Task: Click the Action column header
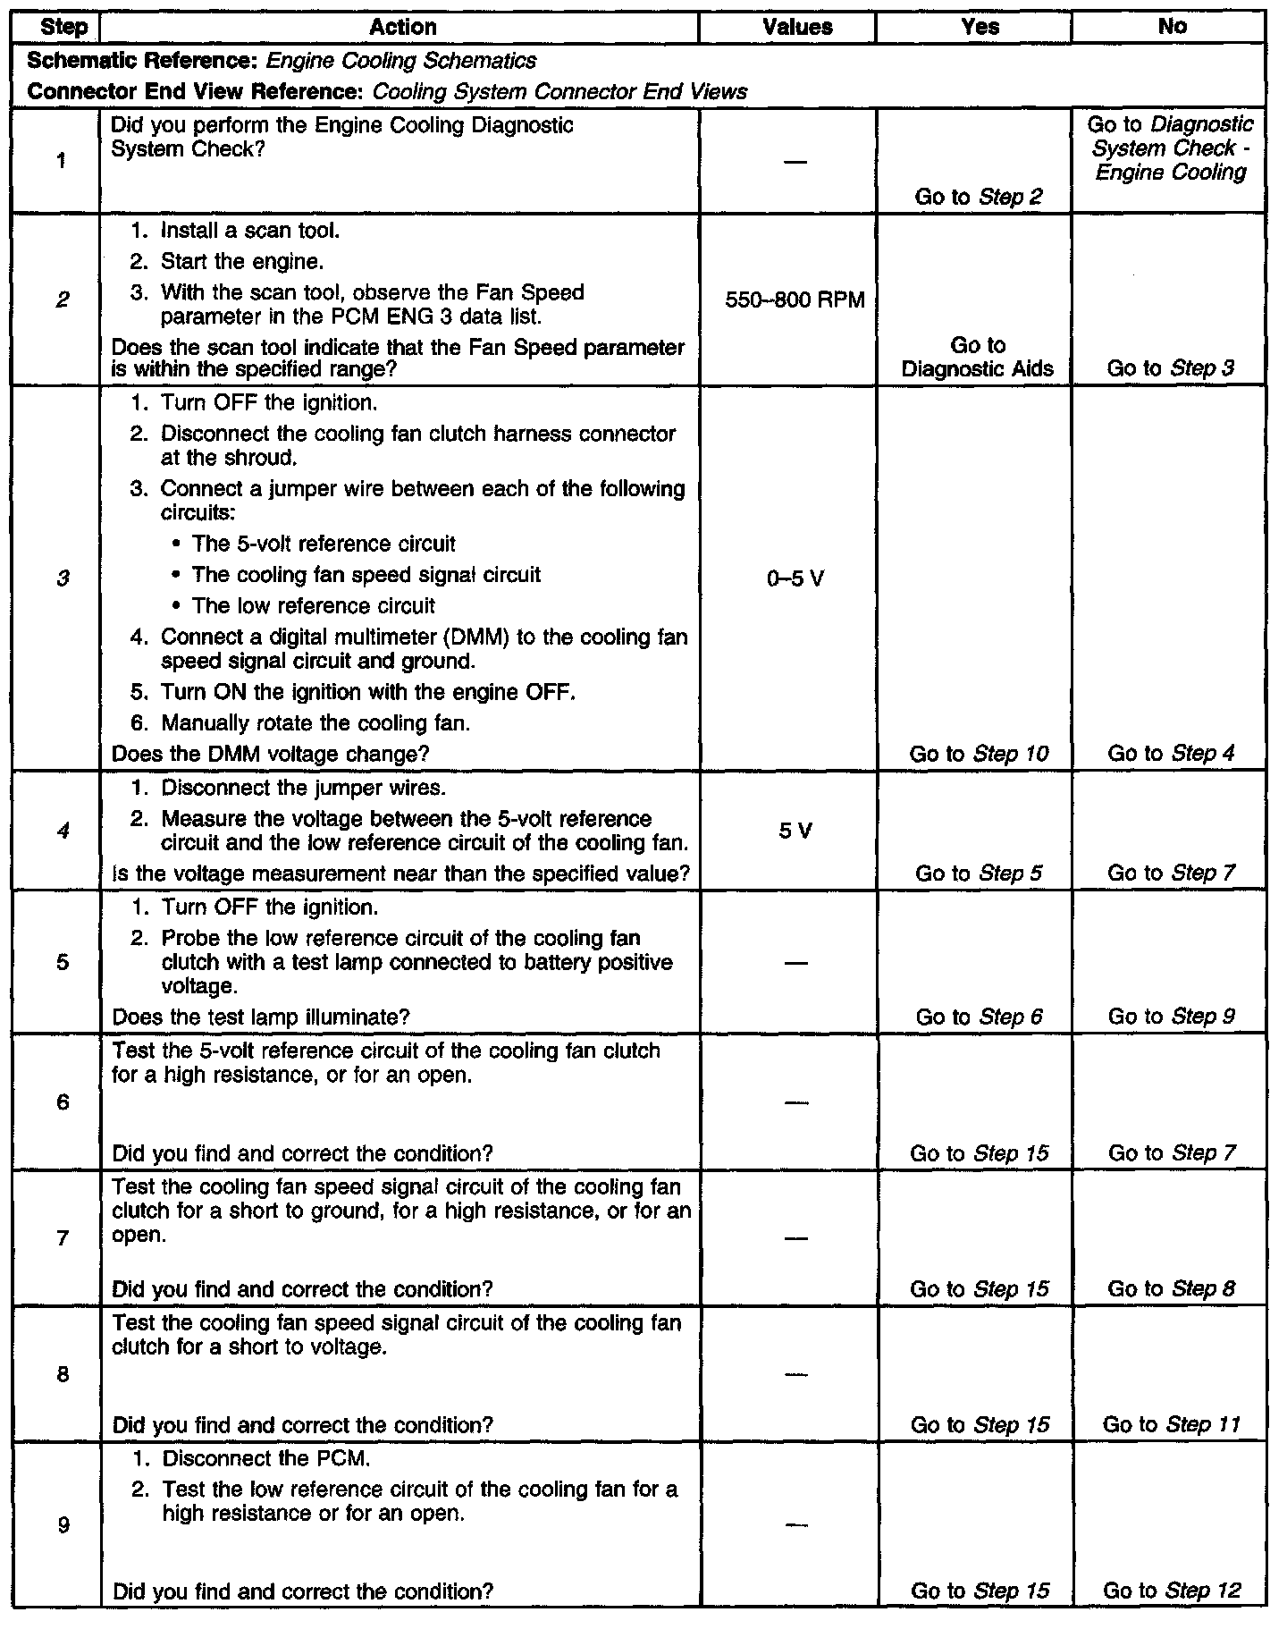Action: tap(403, 28)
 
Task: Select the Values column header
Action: tap(797, 28)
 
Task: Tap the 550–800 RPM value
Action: tap(795, 300)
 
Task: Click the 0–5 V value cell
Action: tap(795, 579)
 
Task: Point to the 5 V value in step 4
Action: tap(795, 831)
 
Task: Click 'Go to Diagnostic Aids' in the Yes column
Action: tap(978, 357)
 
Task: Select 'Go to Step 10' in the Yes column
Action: tap(979, 754)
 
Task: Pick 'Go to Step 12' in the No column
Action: tap(1172, 1591)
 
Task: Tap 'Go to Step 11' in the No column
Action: tap(1172, 1424)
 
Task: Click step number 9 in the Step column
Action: tap(63, 1524)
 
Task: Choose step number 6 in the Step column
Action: tap(63, 1102)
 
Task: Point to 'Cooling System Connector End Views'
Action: tap(559, 91)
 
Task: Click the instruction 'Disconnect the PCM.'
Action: tap(265, 1458)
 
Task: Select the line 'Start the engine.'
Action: tap(241, 262)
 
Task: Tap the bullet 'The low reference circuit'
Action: tap(313, 606)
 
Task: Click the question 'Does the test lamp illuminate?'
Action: tap(261, 1017)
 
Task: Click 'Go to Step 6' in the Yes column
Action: tap(979, 1017)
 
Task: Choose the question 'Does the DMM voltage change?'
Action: tap(270, 754)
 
